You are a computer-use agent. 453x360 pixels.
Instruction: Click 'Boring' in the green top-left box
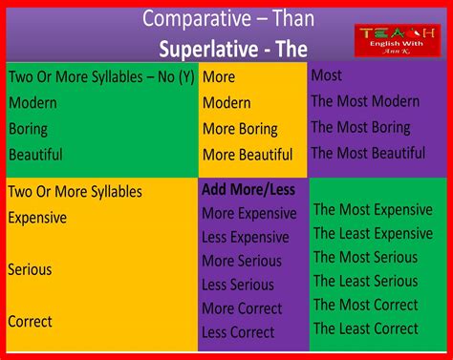pos(30,128)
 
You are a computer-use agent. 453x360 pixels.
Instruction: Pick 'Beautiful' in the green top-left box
pos(35,154)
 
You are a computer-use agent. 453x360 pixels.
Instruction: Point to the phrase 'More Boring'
pos(241,129)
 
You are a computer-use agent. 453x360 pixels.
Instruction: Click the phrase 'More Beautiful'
pos(248,155)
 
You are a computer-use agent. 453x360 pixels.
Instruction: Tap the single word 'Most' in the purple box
pos(327,75)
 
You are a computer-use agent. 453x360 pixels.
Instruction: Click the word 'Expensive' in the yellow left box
pos(37,218)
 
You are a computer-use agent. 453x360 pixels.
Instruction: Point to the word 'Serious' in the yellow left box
pos(30,269)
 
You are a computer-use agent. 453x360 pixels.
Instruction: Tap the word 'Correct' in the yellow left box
pos(30,322)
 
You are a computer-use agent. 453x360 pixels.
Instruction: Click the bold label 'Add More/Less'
pos(248,189)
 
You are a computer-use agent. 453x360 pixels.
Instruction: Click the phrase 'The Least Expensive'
pos(373,234)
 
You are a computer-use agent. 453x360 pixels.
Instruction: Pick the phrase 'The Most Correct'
pos(366,306)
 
